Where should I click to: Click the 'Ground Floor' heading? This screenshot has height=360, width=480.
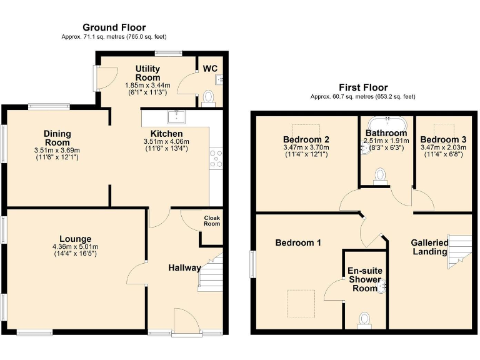(114, 27)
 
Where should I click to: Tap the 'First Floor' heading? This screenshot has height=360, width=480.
(363, 87)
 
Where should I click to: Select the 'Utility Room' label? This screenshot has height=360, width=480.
(147, 73)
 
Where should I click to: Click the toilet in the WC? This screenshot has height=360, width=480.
(209, 98)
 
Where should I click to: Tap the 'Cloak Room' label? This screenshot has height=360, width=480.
(212, 221)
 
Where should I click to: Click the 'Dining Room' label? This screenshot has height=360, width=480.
(57, 137)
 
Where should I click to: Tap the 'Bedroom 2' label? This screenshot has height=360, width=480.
(306, 139)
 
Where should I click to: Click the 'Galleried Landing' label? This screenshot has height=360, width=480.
(429, 247)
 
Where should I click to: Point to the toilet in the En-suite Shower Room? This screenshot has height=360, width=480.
(365, 320)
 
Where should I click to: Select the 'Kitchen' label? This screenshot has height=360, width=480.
(166, 134)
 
